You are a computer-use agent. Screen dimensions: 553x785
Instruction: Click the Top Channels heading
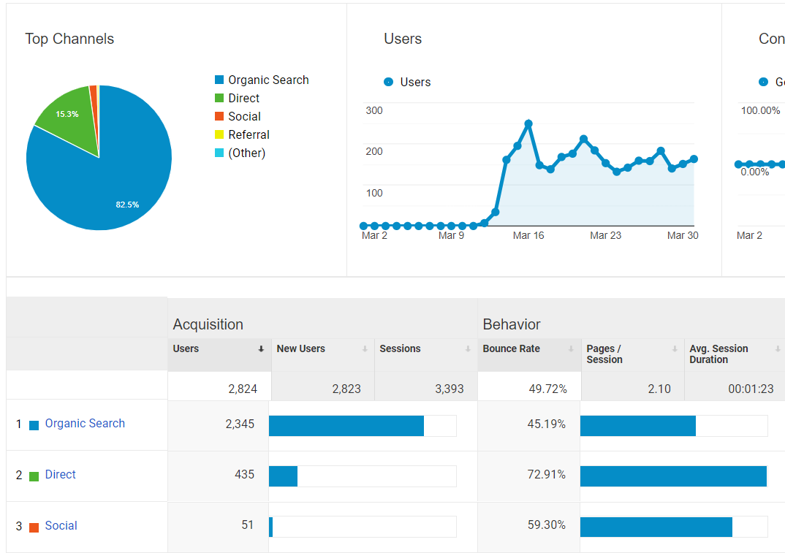coord(69,39)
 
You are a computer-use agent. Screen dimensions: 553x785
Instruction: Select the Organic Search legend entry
coord(268,80)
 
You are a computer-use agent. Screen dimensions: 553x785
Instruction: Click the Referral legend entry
coord(249,134)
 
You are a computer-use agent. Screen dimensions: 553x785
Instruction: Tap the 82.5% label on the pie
coord(127,205)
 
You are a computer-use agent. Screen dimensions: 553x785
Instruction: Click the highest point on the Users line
coord(528,123)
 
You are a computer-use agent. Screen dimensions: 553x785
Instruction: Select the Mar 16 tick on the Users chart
coord(528,235)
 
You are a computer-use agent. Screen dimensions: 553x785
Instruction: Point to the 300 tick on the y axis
coord(373,110)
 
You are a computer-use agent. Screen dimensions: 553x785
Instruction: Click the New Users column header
coord(300,348)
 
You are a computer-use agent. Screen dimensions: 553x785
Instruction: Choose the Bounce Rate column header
coord(511,348)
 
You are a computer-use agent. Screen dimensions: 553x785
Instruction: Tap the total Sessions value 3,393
coord(449,389)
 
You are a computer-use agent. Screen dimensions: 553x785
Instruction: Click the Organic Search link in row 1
coord(85,423)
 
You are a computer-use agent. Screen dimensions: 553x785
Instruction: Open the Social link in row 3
coord(61,525)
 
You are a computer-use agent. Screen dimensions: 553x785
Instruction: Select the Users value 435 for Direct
coord(244,474)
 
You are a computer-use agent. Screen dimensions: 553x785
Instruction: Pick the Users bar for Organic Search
coord(346,425)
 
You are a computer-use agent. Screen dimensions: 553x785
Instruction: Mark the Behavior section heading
coord(512,324)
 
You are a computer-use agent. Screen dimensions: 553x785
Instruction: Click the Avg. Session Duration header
coord(718,354)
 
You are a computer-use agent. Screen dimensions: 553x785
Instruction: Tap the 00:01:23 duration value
coord(751,389)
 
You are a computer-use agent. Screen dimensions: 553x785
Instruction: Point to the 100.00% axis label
coord(760,110)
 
